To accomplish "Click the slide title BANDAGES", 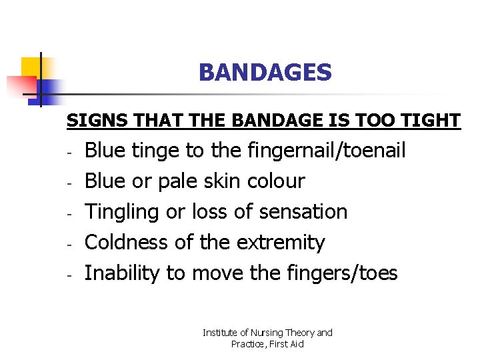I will (x=265, y=73).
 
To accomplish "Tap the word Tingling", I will (x=123, y=212).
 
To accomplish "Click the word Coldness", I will (x=127, y=243).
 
